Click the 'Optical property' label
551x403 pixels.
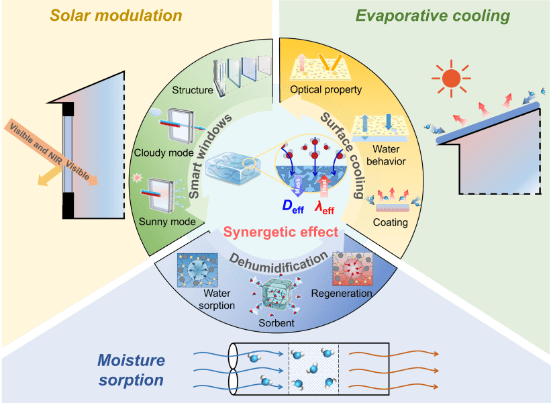click(325, 89)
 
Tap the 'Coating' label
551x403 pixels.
click(391, 222)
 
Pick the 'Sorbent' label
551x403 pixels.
click(276, 324)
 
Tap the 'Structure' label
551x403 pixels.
click(193, 91)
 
